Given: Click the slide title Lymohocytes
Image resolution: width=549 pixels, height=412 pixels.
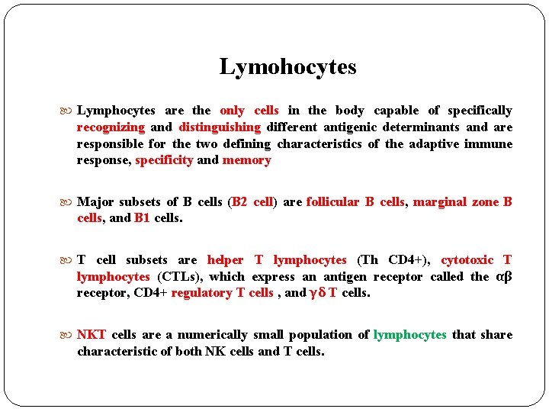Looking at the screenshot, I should coord(287,67).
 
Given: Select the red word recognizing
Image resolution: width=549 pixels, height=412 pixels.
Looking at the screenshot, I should coord(111,127).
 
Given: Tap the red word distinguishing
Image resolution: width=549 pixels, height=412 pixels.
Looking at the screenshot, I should coord(220,127).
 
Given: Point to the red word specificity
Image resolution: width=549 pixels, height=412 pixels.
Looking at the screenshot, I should coord(164,160).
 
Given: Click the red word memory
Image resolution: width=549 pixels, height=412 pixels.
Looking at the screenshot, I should coord(246,160).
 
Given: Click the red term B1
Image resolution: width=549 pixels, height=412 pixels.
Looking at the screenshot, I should coord(142,218).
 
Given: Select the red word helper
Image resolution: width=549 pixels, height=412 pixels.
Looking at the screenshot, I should coord(225,260).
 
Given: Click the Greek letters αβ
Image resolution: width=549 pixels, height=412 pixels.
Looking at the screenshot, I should coord(503,277).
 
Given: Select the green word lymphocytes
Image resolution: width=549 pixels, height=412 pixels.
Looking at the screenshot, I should coord(410,335).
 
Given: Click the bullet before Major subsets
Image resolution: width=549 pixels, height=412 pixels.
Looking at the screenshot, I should coord(69,202).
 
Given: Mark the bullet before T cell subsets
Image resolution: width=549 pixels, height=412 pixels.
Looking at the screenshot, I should coord(69,260).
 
